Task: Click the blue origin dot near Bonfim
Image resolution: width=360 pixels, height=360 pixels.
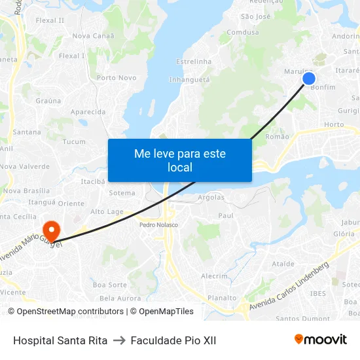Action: coord(309,79)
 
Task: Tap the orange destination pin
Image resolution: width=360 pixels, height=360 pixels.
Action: coord(51,230)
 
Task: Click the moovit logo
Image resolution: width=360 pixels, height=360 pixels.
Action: coord(320,340)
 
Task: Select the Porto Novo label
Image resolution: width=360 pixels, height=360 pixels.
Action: coord(117,78)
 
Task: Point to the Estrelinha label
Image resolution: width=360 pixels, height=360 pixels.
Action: coord(194,62)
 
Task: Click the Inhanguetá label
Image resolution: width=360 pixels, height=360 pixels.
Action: coord(189,79)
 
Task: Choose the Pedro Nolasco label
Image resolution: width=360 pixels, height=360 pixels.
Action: coord(158,225)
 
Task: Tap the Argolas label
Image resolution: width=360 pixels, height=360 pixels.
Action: coord(211,197)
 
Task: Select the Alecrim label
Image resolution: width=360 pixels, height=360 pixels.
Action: coord(214,276)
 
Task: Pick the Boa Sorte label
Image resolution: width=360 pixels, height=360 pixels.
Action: coord(110,285)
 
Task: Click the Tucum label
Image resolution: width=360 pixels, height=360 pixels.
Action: coord(74,141)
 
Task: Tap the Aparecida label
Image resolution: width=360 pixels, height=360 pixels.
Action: coord(88,112)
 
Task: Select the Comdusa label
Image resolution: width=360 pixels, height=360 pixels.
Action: coord(243,32)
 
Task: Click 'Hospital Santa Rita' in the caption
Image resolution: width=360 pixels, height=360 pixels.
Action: coord(60,340)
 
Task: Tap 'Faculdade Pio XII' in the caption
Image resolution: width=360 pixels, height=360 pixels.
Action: coord(173,340)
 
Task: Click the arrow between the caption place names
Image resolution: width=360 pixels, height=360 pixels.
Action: coord(119,340)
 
